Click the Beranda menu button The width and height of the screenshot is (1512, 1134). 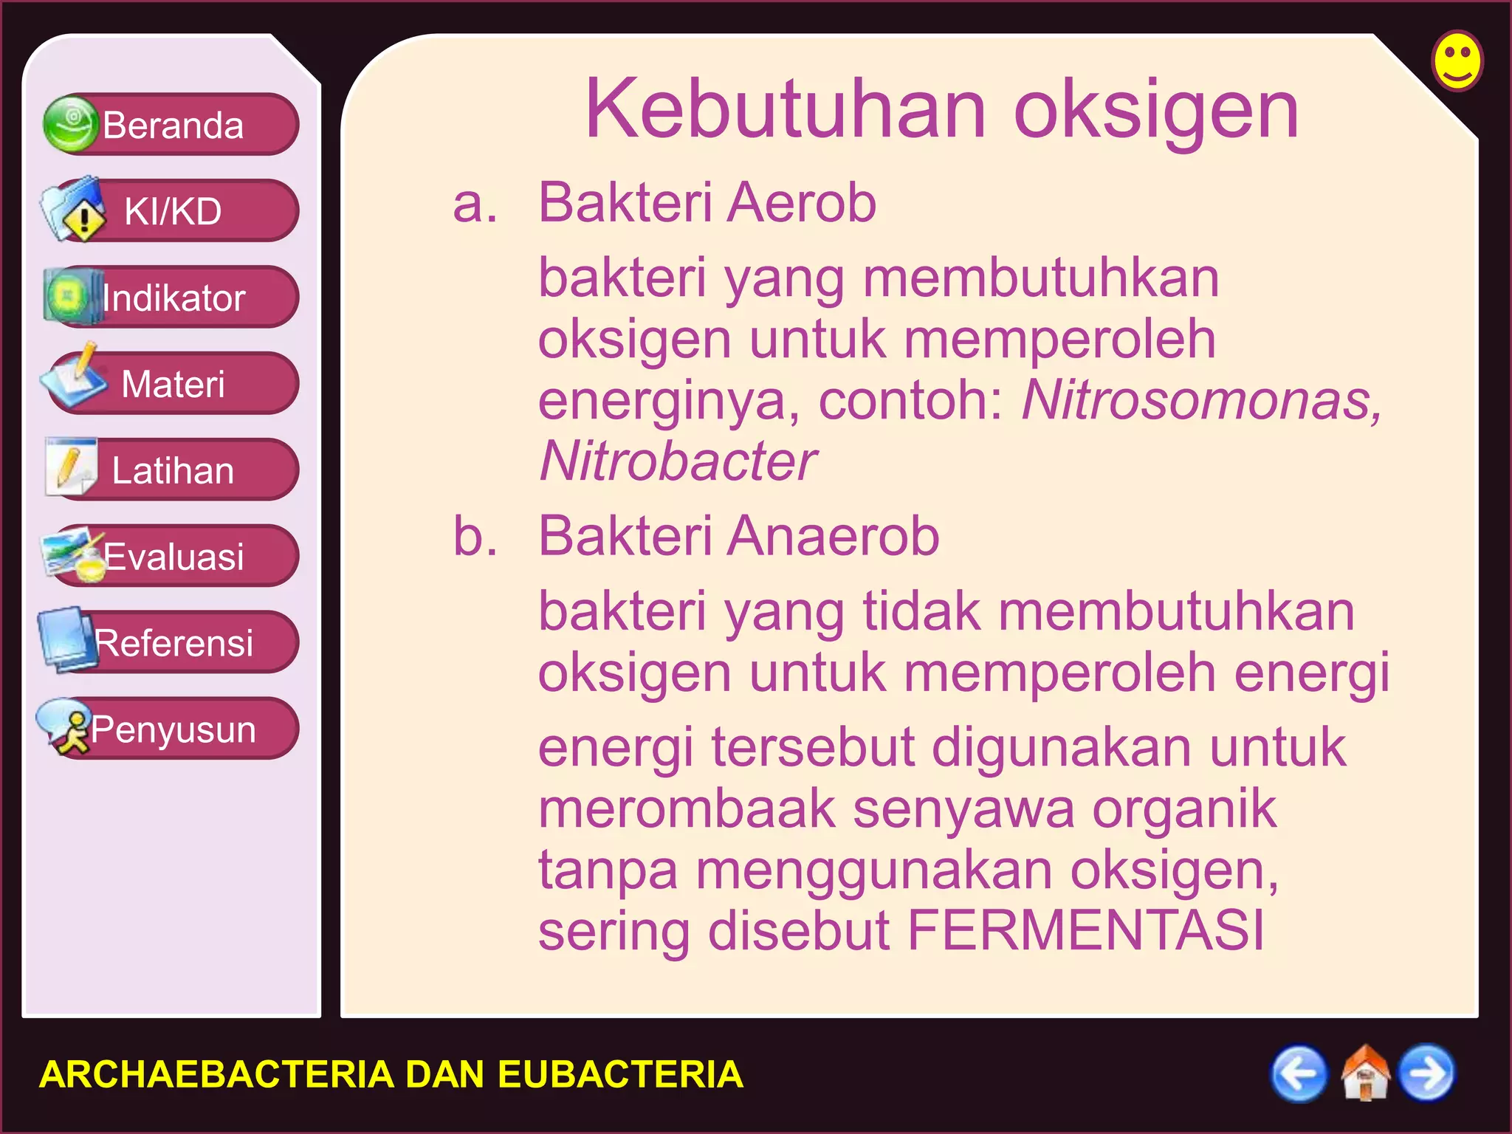pos(171,125)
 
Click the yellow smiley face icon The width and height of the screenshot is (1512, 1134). pos(1457,61)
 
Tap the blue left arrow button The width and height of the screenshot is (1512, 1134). pos(1298,1073)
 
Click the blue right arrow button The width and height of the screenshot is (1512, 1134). pos(1427,1073)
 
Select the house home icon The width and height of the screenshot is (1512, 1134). pos(1364,1073)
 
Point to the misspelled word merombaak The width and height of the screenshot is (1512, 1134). pos(687,809)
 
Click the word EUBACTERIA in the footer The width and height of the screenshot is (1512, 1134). pos(620,1074)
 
